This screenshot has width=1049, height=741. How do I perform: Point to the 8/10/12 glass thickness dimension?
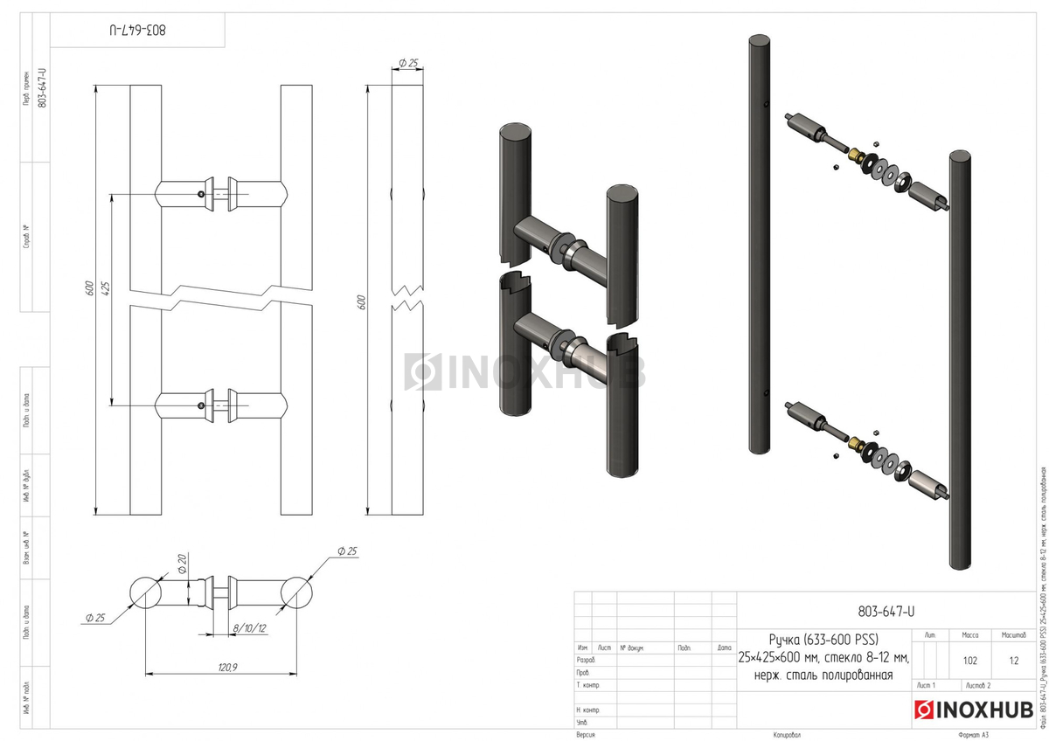click(x=249, y=627)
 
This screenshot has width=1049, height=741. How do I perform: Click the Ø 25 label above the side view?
click(x=408, y=63)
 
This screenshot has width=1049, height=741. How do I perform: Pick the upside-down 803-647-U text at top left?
click(x=137, y=30)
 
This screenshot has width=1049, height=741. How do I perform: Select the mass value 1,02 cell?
click(x=970, y=661)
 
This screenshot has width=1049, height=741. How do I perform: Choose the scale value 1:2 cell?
click(x=1013, y=661)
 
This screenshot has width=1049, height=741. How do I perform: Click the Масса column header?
click(x=970, y=635)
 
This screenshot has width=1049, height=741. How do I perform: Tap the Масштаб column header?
click(x=1013, y=635)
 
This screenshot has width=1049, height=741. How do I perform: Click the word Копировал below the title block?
click(x=787, y=735)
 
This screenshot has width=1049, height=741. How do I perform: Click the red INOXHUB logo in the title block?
click(x=973, y=710)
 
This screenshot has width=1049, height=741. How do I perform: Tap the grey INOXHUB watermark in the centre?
click(x=525, y=372)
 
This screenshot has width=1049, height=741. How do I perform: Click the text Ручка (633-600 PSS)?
click(x=824, y=635)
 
